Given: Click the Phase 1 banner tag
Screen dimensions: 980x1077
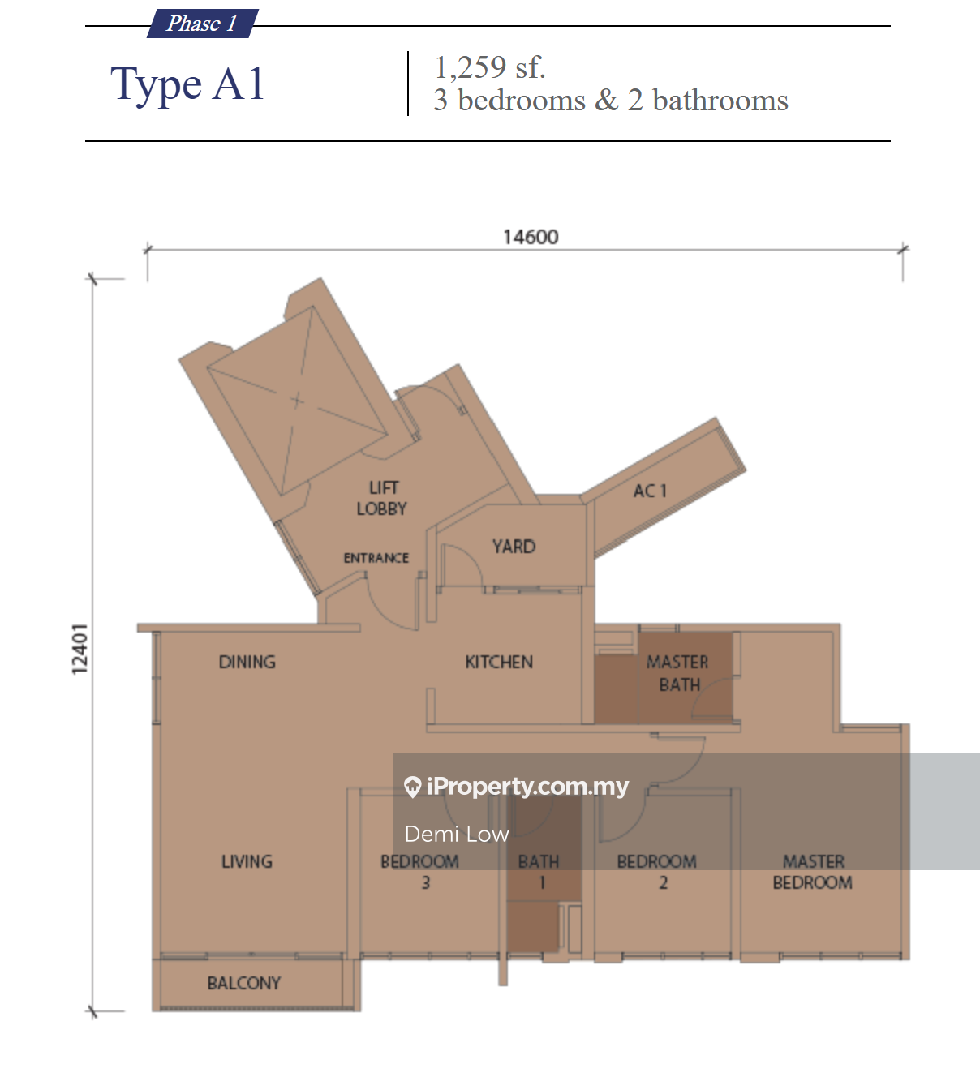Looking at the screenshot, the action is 203,24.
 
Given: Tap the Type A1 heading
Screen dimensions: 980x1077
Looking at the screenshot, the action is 187,84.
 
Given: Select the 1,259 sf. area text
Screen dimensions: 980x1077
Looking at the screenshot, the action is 489,67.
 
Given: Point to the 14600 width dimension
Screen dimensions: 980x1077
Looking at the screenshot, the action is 531,237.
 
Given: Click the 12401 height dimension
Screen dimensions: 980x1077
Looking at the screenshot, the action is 79,649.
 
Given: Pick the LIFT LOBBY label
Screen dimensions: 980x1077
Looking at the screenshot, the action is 382,498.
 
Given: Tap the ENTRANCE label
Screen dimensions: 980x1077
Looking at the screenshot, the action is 376,558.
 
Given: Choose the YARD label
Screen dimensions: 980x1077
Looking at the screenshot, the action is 514,547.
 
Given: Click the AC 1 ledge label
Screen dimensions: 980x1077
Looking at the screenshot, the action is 650,491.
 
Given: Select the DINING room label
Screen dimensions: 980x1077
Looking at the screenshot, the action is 247,662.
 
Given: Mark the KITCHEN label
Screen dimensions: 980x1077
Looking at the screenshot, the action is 499,662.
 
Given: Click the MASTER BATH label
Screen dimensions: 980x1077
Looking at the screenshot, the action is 678,673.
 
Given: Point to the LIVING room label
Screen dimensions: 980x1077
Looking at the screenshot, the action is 247,862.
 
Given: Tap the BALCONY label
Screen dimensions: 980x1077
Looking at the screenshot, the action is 244,983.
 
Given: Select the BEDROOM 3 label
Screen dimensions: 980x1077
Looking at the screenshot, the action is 419,872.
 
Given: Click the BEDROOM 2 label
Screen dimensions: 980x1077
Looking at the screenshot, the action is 656,872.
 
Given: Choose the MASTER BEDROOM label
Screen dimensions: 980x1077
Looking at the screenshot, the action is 813,872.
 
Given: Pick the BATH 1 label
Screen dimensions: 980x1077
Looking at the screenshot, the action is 539,872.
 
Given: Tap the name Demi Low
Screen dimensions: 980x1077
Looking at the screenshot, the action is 457,835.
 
